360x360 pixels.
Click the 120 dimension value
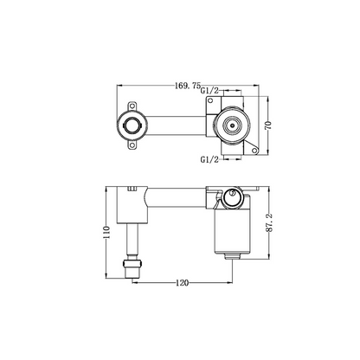pos(181,282)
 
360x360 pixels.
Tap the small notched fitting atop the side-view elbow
pos(131,188)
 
